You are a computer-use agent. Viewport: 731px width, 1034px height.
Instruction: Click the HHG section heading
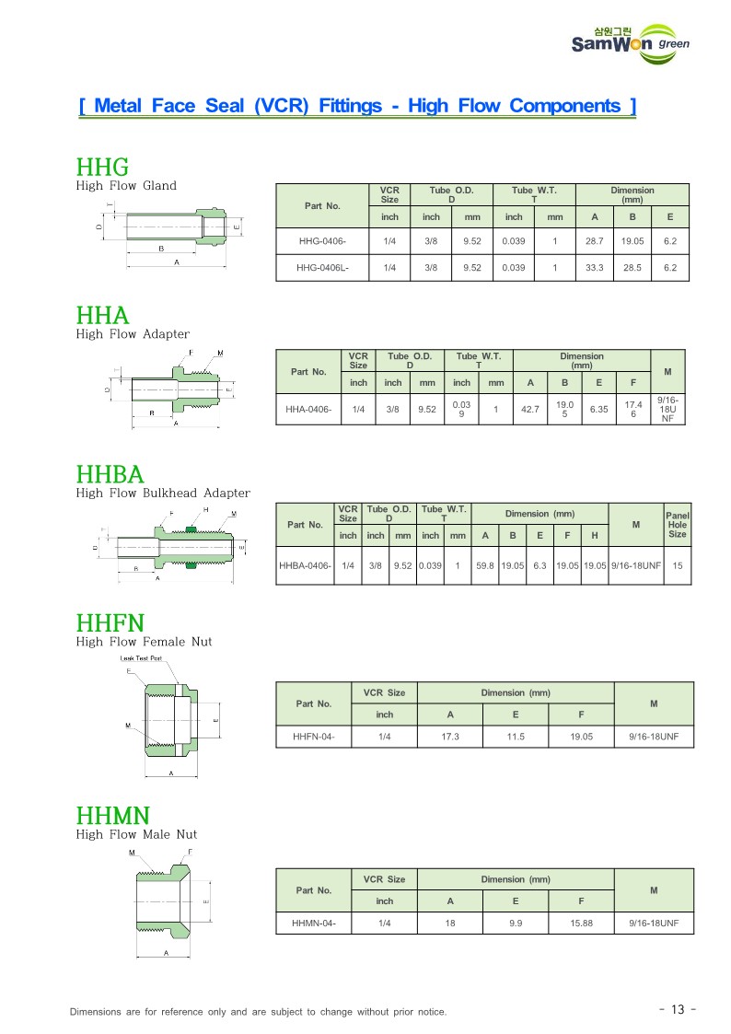101,167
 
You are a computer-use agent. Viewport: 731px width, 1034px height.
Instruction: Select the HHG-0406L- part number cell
322,268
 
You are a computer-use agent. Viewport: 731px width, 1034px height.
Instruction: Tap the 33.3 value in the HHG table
595,268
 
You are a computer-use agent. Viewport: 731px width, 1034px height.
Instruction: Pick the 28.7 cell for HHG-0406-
595,241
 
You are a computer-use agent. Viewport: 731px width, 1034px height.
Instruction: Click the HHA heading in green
102,316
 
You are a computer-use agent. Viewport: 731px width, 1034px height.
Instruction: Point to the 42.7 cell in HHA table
530,409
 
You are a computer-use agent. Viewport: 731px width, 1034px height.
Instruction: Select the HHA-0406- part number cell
308,409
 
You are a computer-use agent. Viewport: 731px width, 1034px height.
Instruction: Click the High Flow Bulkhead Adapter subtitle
163,494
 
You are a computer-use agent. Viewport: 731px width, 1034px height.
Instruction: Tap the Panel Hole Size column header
677,525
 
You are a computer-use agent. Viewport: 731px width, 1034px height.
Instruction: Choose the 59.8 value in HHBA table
485,565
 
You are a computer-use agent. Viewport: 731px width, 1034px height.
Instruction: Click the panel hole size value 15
677,565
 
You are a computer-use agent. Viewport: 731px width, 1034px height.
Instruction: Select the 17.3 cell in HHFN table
450,737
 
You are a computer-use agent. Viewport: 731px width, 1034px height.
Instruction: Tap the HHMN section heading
112,815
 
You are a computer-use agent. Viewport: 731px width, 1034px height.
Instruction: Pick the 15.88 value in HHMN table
581,923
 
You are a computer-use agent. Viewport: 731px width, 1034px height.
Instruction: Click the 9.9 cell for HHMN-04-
516,923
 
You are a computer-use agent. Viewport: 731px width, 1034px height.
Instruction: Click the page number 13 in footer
678,1010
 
